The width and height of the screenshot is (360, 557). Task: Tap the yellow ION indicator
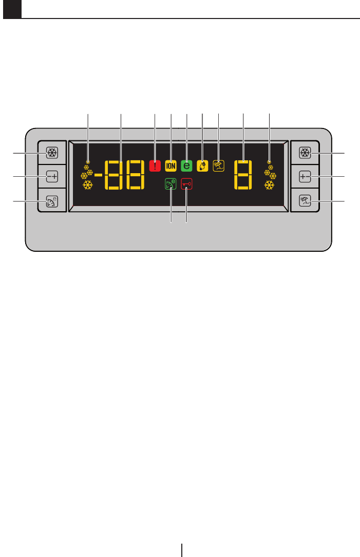click(170, 166)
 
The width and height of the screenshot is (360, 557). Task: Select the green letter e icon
click(186, 166)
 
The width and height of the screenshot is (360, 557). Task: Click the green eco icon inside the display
click(170, 184)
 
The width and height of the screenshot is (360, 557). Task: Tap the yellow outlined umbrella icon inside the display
click(218, 166)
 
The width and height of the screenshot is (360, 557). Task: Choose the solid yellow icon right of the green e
click(202, 166)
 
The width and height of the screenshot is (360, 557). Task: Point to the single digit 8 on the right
click(243, 175)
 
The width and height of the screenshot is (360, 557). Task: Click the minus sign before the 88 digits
click(98, 175)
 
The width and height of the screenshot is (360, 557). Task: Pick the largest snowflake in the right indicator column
click(269, 184)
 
